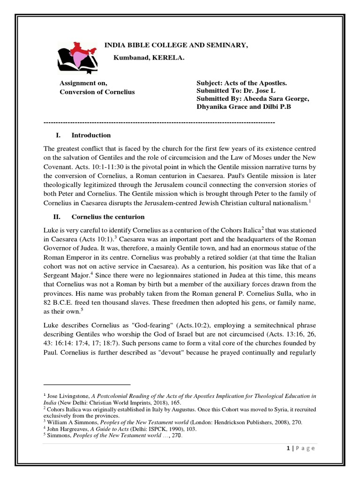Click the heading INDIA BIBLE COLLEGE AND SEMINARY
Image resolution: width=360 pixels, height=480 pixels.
tap(175, 45)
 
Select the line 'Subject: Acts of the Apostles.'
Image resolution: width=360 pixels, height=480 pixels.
tap(241, 83)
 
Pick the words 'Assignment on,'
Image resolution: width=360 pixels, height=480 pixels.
tap(81, 83)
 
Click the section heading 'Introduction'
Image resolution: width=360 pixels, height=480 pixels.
tap(91, 135)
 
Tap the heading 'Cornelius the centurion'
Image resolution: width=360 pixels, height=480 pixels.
tap(108, 217)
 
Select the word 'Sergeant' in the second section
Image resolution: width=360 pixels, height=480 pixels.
tap(58, 276)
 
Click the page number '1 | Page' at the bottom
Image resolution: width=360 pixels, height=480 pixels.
tap(300, 448)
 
